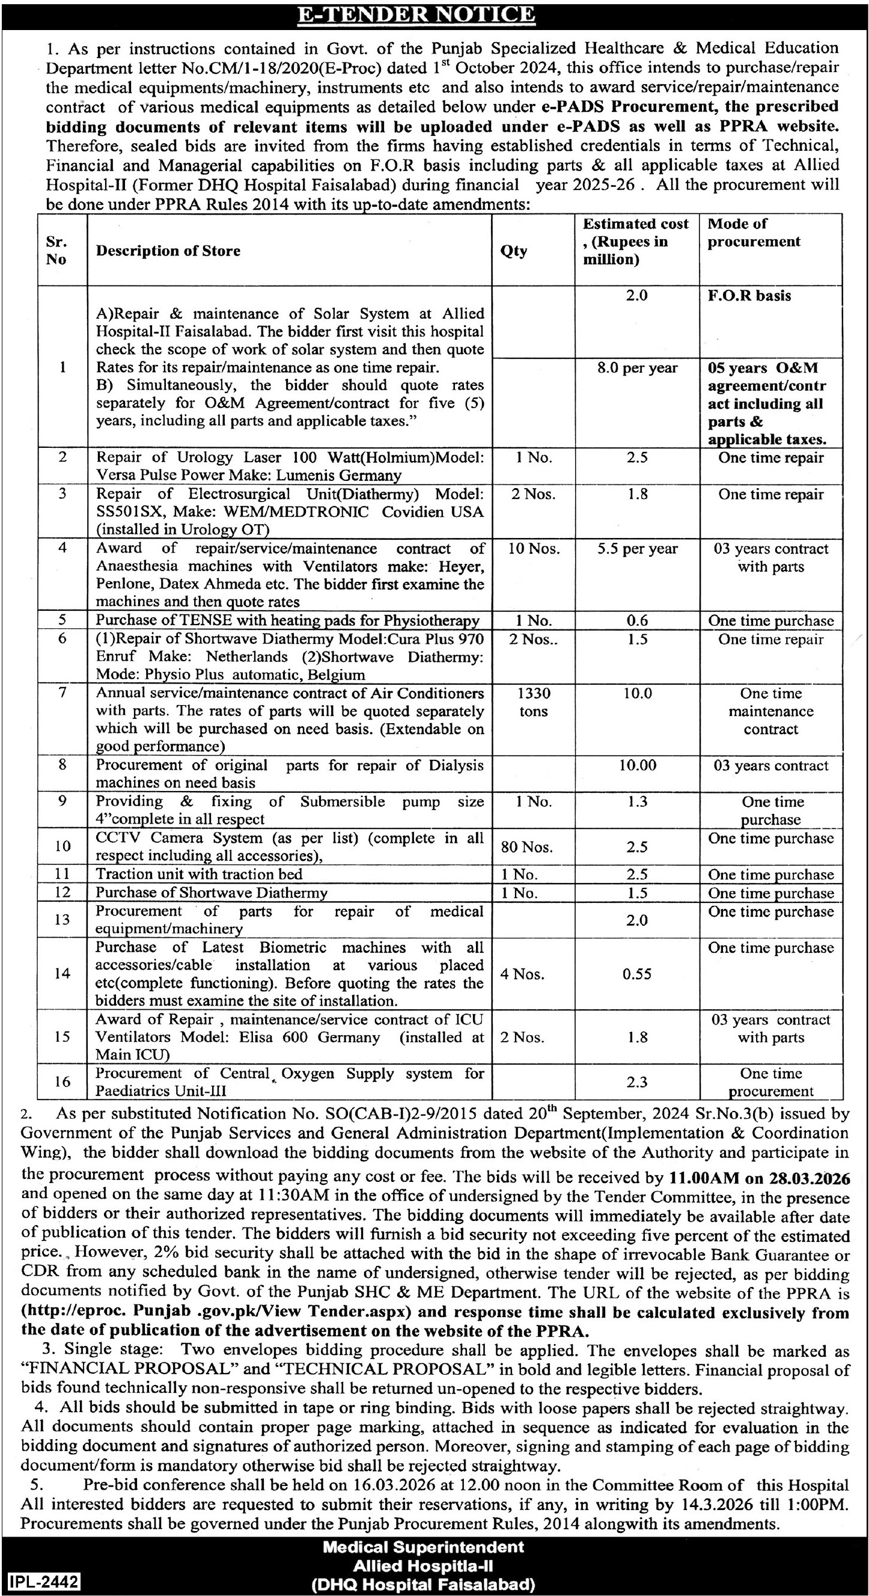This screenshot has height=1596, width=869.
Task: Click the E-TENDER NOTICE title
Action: (416, 14)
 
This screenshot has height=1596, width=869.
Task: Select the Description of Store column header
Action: (168, 251)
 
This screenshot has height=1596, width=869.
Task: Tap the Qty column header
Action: (513, 251)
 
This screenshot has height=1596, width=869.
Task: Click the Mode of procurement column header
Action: (754, 233)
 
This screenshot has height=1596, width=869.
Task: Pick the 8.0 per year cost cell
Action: (637, 368)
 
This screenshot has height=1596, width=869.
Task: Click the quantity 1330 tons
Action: (533, 702)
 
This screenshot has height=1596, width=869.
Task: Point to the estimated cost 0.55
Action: (637, 974)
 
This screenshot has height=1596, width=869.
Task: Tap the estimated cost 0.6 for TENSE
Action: (637, 621)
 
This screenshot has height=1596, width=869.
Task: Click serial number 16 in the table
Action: (62, 1081)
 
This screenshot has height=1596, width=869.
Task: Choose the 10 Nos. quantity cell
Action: (533, 549)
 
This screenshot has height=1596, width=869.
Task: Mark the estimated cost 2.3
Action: (637, 1082)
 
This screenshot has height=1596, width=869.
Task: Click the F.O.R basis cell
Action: (749, 296)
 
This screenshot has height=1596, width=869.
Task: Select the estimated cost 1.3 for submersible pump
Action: (637, 802)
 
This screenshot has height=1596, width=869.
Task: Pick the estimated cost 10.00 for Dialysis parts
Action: (637, 766)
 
